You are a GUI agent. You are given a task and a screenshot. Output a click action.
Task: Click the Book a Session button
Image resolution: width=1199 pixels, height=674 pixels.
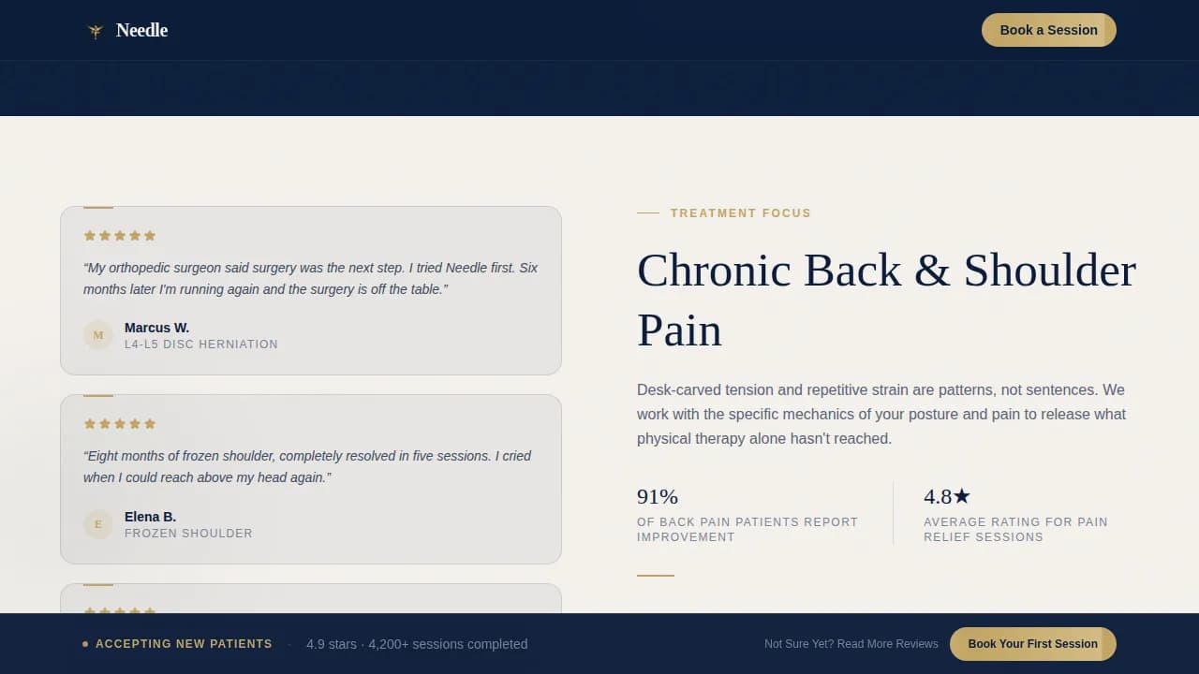pyautogui.click(x=1048, y=30)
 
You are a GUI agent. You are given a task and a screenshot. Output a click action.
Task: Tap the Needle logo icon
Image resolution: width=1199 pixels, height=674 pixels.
pyautogui.click(x=95, y=31)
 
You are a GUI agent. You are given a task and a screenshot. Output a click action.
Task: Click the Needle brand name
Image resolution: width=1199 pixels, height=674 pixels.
pyautogui.click(x=141, y=31)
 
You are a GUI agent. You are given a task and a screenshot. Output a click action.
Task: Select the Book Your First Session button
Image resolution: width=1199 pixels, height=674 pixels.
pyautogui.click(x=1032, y=644)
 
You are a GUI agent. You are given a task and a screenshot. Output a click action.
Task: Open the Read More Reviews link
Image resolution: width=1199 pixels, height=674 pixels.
pyautogui.click(x=851, y=644)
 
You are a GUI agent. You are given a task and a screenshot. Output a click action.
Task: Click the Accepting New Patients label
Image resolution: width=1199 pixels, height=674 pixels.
pyautogui.click(x=184, y=644)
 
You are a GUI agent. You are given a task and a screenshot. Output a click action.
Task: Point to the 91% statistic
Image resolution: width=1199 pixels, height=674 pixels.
pyautogui.click(x=658, y=496)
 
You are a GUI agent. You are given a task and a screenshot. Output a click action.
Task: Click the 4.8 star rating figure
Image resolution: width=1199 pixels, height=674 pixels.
pyautogui.click(x=947, y=496)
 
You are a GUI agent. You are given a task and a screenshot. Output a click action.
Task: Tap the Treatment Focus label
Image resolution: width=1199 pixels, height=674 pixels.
pyautogui.click(x=740, y=213)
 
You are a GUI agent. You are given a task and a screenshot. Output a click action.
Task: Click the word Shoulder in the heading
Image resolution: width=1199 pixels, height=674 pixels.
pyautogui.click(x=1049, y=271)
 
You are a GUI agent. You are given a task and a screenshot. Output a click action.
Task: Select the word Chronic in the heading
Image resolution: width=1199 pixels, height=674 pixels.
pyautogui.click(x=714, y=271)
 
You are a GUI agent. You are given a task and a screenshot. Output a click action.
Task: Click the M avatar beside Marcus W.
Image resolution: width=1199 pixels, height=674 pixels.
pyautogui.click(x=98, y=335)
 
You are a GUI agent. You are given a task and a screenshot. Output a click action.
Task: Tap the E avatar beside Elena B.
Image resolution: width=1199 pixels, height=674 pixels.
pyautogui.click(x=98, y=524)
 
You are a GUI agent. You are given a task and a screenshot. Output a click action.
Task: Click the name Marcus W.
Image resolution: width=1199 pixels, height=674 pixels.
pyautogui.click(x=156, y=328)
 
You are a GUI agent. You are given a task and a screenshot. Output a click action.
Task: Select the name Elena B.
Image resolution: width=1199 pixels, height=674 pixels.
pyautogui.click(x=150, y=517)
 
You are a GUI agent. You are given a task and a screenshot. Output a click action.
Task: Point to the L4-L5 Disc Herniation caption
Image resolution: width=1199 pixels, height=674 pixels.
pyautogui.click(x=200, y=344)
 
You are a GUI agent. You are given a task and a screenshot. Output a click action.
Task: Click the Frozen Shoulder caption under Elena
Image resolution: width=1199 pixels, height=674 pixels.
pyautogui.click(x=188, y=534)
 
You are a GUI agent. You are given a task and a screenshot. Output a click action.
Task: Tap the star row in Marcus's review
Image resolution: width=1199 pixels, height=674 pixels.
pyautogui.click(x=120, y=236)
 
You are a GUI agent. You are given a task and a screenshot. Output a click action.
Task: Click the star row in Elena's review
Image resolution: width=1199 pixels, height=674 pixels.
pyautogui.click(x=120, y=424)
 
